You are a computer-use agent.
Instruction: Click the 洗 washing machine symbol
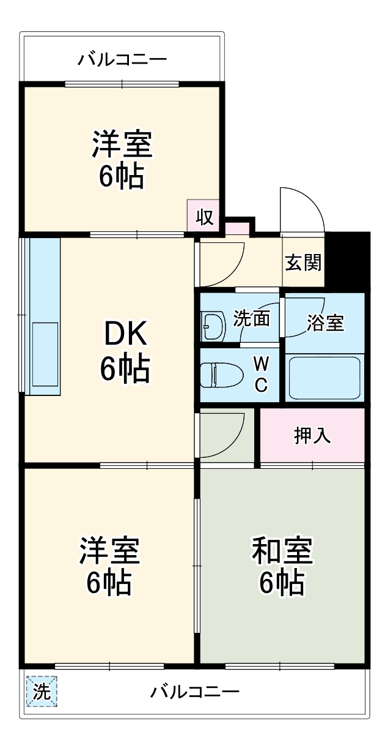pyautogui.click(x=42, y=692)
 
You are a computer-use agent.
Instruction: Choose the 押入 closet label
pyautogui.click(x=312, y=435)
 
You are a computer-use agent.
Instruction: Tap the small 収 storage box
pyautogui.click(x=205, y=216)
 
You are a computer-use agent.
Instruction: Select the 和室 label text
pyautogui.click(x=282, y=551)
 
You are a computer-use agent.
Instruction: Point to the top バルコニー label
pyautogui.click(x=122, y=60)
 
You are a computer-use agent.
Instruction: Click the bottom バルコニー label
pyautogui.click(x=195, y=692)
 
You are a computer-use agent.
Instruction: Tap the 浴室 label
pyautogui.click(x=324, y=323)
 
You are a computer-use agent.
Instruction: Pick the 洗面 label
pyautogui.click(x=252, y=319)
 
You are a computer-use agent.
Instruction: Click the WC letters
pyautogui.click(x=260, y=375)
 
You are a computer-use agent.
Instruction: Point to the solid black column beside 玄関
pyautogui.click(x=348, y=260)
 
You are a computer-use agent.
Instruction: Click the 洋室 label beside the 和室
pyautogui.click(x=109, y=551)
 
